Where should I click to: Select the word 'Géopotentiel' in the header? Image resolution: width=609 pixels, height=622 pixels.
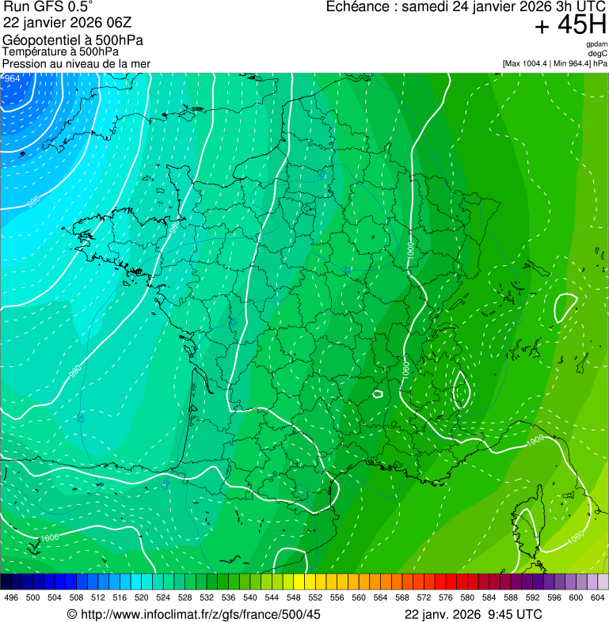pos(41,40)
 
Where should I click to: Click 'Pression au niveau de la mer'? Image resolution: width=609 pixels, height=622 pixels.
pos(76,63)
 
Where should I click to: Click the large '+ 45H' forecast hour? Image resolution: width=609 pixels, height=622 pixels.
pos(570,26)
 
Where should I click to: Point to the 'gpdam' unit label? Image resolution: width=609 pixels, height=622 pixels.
pos(596,44)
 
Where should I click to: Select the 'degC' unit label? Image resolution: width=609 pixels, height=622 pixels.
pos(598,53)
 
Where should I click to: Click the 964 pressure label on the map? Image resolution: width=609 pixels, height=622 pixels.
pos(12,78)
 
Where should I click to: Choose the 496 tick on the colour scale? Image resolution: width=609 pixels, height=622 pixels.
pos(11,597)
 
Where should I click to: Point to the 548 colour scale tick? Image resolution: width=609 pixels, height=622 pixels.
pos(293,597)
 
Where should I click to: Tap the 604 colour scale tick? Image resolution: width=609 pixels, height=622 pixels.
pos(597,597)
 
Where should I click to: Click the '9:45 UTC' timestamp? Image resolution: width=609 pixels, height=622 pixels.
pos(519,614)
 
